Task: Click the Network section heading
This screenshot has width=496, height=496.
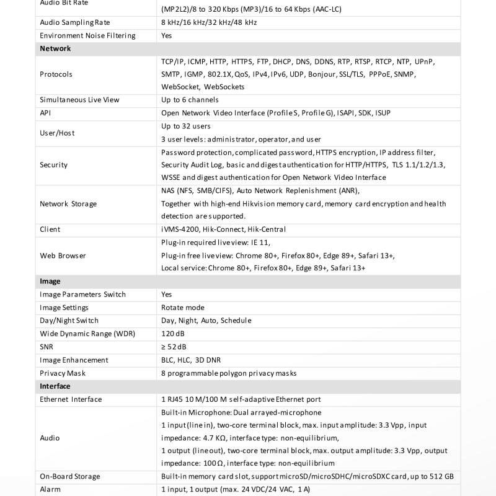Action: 55,48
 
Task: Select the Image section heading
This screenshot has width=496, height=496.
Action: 50,281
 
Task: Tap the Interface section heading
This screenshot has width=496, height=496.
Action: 55,386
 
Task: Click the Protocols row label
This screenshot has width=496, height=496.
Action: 56,74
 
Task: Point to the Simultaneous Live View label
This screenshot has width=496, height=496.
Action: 79,100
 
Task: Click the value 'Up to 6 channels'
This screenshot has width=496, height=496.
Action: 190,100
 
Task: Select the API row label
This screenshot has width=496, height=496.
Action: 45,113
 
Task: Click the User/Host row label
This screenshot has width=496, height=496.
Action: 58,133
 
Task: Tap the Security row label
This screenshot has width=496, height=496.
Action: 53,165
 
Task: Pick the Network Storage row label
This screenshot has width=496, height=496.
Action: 68,203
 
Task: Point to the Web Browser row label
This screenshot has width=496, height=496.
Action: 63,255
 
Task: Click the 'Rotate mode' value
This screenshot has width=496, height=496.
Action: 182,308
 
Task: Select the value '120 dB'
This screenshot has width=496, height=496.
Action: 173,334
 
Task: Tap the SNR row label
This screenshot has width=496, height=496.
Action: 46,347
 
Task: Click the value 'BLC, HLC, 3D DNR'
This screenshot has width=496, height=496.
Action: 191,360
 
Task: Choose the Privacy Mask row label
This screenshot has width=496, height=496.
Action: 63,373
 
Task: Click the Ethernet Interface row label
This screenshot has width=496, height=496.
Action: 71,399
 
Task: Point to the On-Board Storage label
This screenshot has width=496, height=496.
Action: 69,476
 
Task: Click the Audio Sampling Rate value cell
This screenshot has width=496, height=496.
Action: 209,22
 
